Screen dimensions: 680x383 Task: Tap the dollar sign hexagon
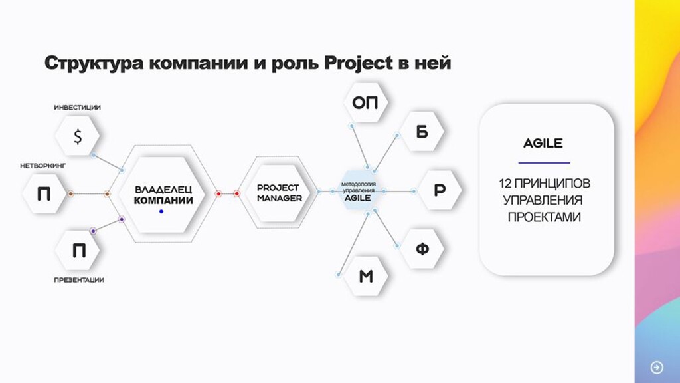coord(78,136)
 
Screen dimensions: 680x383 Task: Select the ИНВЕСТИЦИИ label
coord(78,107)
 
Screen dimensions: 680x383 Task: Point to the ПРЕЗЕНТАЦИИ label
coord(79,280)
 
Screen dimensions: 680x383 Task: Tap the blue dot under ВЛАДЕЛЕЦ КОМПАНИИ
coord(161,211)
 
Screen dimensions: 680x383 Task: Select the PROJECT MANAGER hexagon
coord(279,193)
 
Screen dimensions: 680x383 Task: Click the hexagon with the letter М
coord(366,276)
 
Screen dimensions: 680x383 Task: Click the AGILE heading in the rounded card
coord(544,144)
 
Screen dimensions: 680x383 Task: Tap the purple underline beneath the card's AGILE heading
coord(544,162)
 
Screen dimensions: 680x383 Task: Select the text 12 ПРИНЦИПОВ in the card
coord(544,182)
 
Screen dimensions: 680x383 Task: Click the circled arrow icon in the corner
coord(657,367)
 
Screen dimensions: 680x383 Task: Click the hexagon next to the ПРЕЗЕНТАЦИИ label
coord(78,250)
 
